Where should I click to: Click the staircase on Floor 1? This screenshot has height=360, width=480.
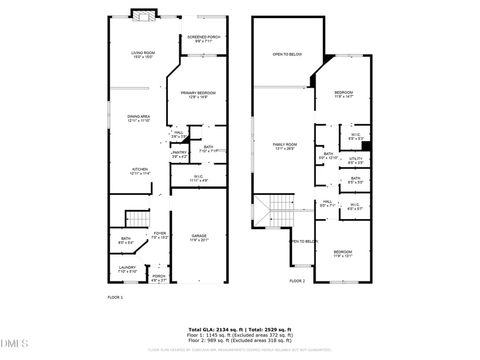coord(137,218)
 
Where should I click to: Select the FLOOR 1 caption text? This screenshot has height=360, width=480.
coord(115,297)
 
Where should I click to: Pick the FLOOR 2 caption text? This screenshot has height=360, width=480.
coord(297,281)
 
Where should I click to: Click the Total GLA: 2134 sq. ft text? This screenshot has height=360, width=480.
coord(214,329)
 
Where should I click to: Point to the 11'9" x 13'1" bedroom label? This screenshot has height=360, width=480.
coord(343,254)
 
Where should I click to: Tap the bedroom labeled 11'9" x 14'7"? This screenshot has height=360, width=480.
coord(344,95)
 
